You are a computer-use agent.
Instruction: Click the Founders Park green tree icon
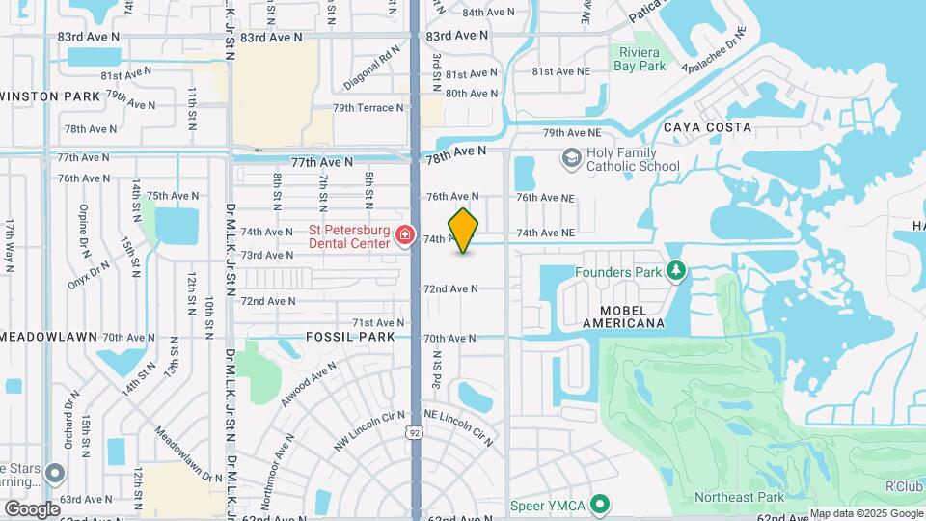coord(676,271)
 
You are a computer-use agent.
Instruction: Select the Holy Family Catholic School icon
coord(572,158)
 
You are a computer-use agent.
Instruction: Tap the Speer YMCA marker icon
coord(601,503)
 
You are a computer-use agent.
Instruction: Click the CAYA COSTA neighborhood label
coord(707,127)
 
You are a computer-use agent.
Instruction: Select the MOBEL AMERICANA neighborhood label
coord(625,315)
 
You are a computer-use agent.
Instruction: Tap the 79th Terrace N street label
coord(368,108)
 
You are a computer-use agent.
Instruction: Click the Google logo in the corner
coord(32,508)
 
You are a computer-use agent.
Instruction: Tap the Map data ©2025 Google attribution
coord(865,514)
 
